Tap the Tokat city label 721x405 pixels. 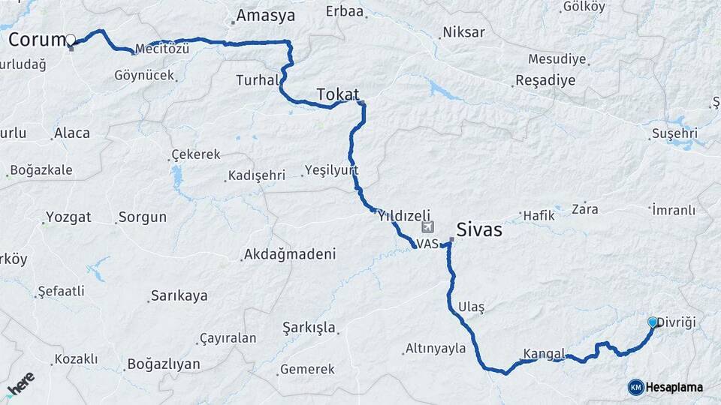338,94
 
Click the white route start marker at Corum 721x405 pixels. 71,39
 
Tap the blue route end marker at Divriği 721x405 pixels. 652,322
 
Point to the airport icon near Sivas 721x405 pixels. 428,226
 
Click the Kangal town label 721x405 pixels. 543,353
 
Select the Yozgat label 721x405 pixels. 68,217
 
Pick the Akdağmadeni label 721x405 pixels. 289,254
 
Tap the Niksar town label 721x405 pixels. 463,32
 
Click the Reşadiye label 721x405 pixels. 545,80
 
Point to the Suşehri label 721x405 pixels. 674,133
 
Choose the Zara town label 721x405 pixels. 585,208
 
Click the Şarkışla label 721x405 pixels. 309,328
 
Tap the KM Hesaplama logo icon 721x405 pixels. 635,387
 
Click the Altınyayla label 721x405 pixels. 436,348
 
